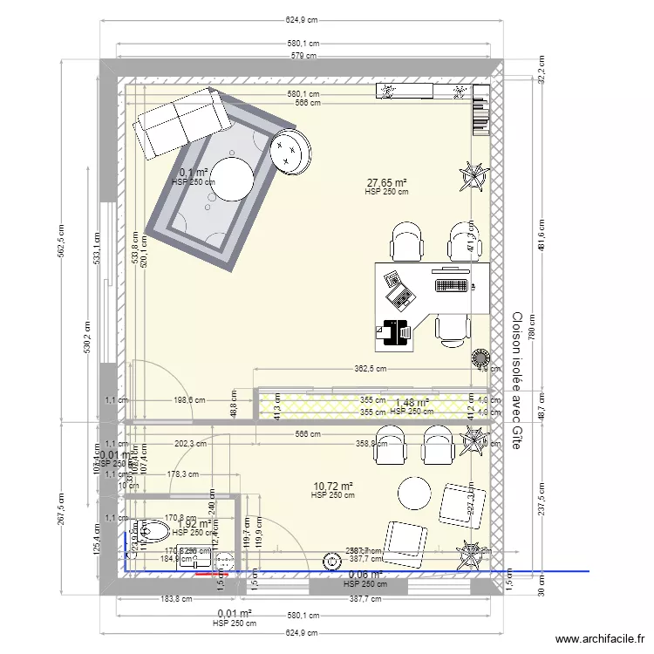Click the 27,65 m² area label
click(x=386, y=183)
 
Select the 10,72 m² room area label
click(x=332, y=487)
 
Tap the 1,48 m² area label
click(x=412, y=403)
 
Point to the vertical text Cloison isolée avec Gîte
click(x=517, y=380)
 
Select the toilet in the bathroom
click(x=153, y=529)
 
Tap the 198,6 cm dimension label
click(x=188, y=400)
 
